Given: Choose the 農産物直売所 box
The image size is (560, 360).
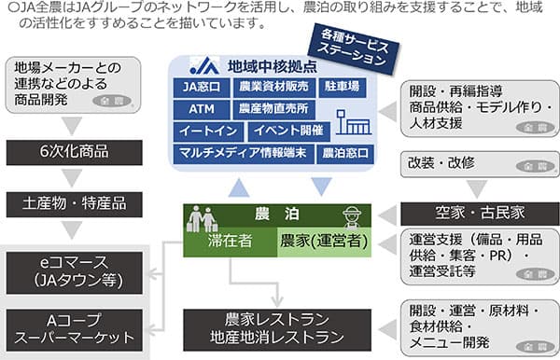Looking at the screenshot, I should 264,109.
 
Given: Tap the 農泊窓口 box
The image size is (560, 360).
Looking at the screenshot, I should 344,151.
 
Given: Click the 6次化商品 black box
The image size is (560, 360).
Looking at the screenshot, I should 74,153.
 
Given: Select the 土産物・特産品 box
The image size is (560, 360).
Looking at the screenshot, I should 74,201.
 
